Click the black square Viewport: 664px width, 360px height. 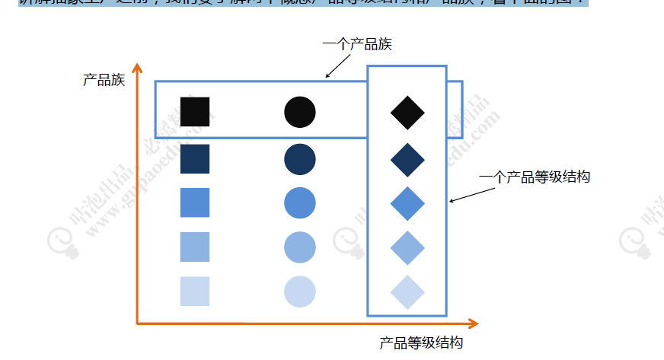(x=194, y=112)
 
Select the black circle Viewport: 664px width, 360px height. (x=300, y=112)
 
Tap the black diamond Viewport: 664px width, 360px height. (x=407, y=113)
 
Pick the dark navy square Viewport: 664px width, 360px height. (x=194, y=158)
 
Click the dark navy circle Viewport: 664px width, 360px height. (x=300, y=158)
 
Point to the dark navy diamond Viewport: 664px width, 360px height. (x=407, y=159)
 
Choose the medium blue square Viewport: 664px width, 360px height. (x=194, y=202)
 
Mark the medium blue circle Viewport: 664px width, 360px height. (x=300, y=202)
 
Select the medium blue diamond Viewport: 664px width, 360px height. (x=407, y=203)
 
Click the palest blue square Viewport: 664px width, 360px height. (x=194, y=291)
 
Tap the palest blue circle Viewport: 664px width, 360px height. (x=300, y=292)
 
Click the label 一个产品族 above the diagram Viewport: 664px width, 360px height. (x=358, y=44)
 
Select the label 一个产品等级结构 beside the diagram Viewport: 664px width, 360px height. (x=535, y=177)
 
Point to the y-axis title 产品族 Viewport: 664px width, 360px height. (x=104, y=80)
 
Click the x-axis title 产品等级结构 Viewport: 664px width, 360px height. (x=421, y=343)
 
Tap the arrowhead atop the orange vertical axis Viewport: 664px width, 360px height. (x=137, y=68)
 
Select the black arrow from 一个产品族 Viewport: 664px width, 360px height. (x=340, y=66)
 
